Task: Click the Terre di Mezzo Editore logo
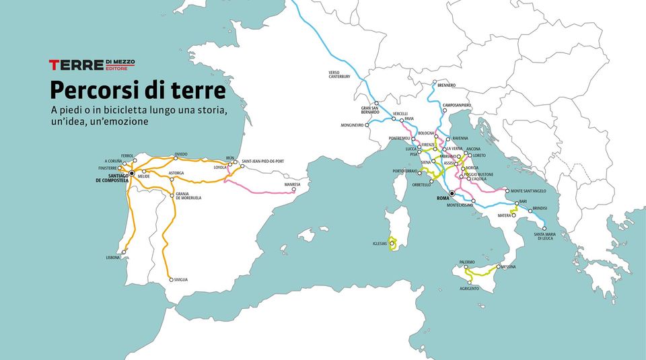92,65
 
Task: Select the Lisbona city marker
124,252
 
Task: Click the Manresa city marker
293,190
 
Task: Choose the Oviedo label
181,154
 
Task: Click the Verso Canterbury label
339,74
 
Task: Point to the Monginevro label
352,125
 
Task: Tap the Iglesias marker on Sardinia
392,244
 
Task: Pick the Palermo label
468,262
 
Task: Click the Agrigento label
469,288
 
